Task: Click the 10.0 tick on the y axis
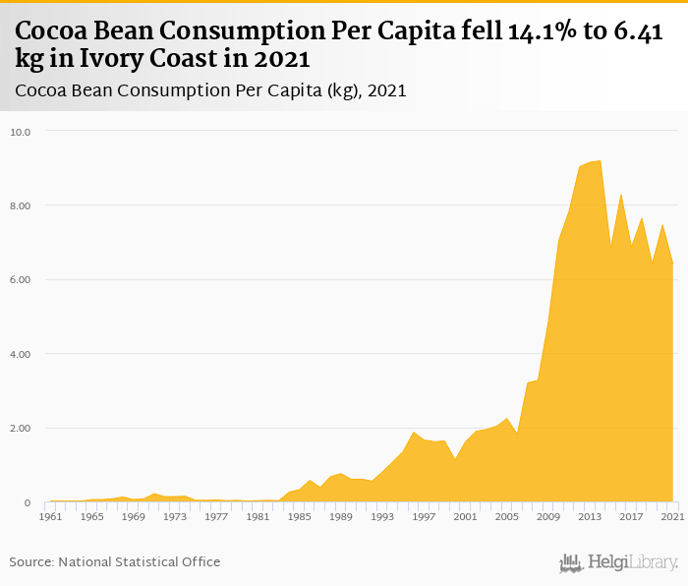point(21,132)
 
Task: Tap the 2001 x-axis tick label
point(465,516)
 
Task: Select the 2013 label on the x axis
point(590,516)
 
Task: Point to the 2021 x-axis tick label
point(672,516)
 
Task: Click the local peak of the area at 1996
point(413,433)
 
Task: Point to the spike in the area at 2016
point(620,195)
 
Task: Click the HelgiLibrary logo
point(618,562)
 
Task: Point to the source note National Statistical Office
point(140,561)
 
